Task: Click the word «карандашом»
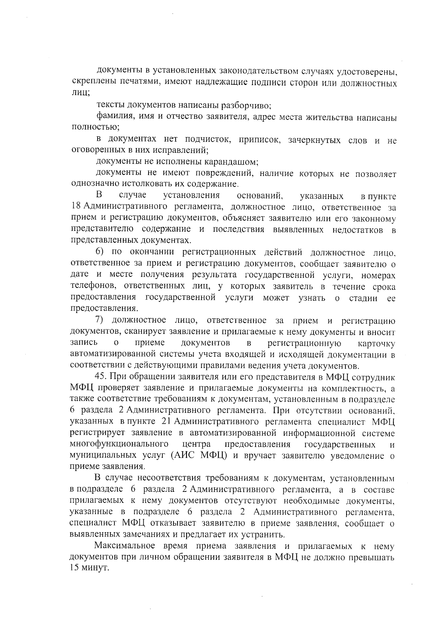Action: pos(231,162)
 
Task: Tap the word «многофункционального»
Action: pos(119,445)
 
